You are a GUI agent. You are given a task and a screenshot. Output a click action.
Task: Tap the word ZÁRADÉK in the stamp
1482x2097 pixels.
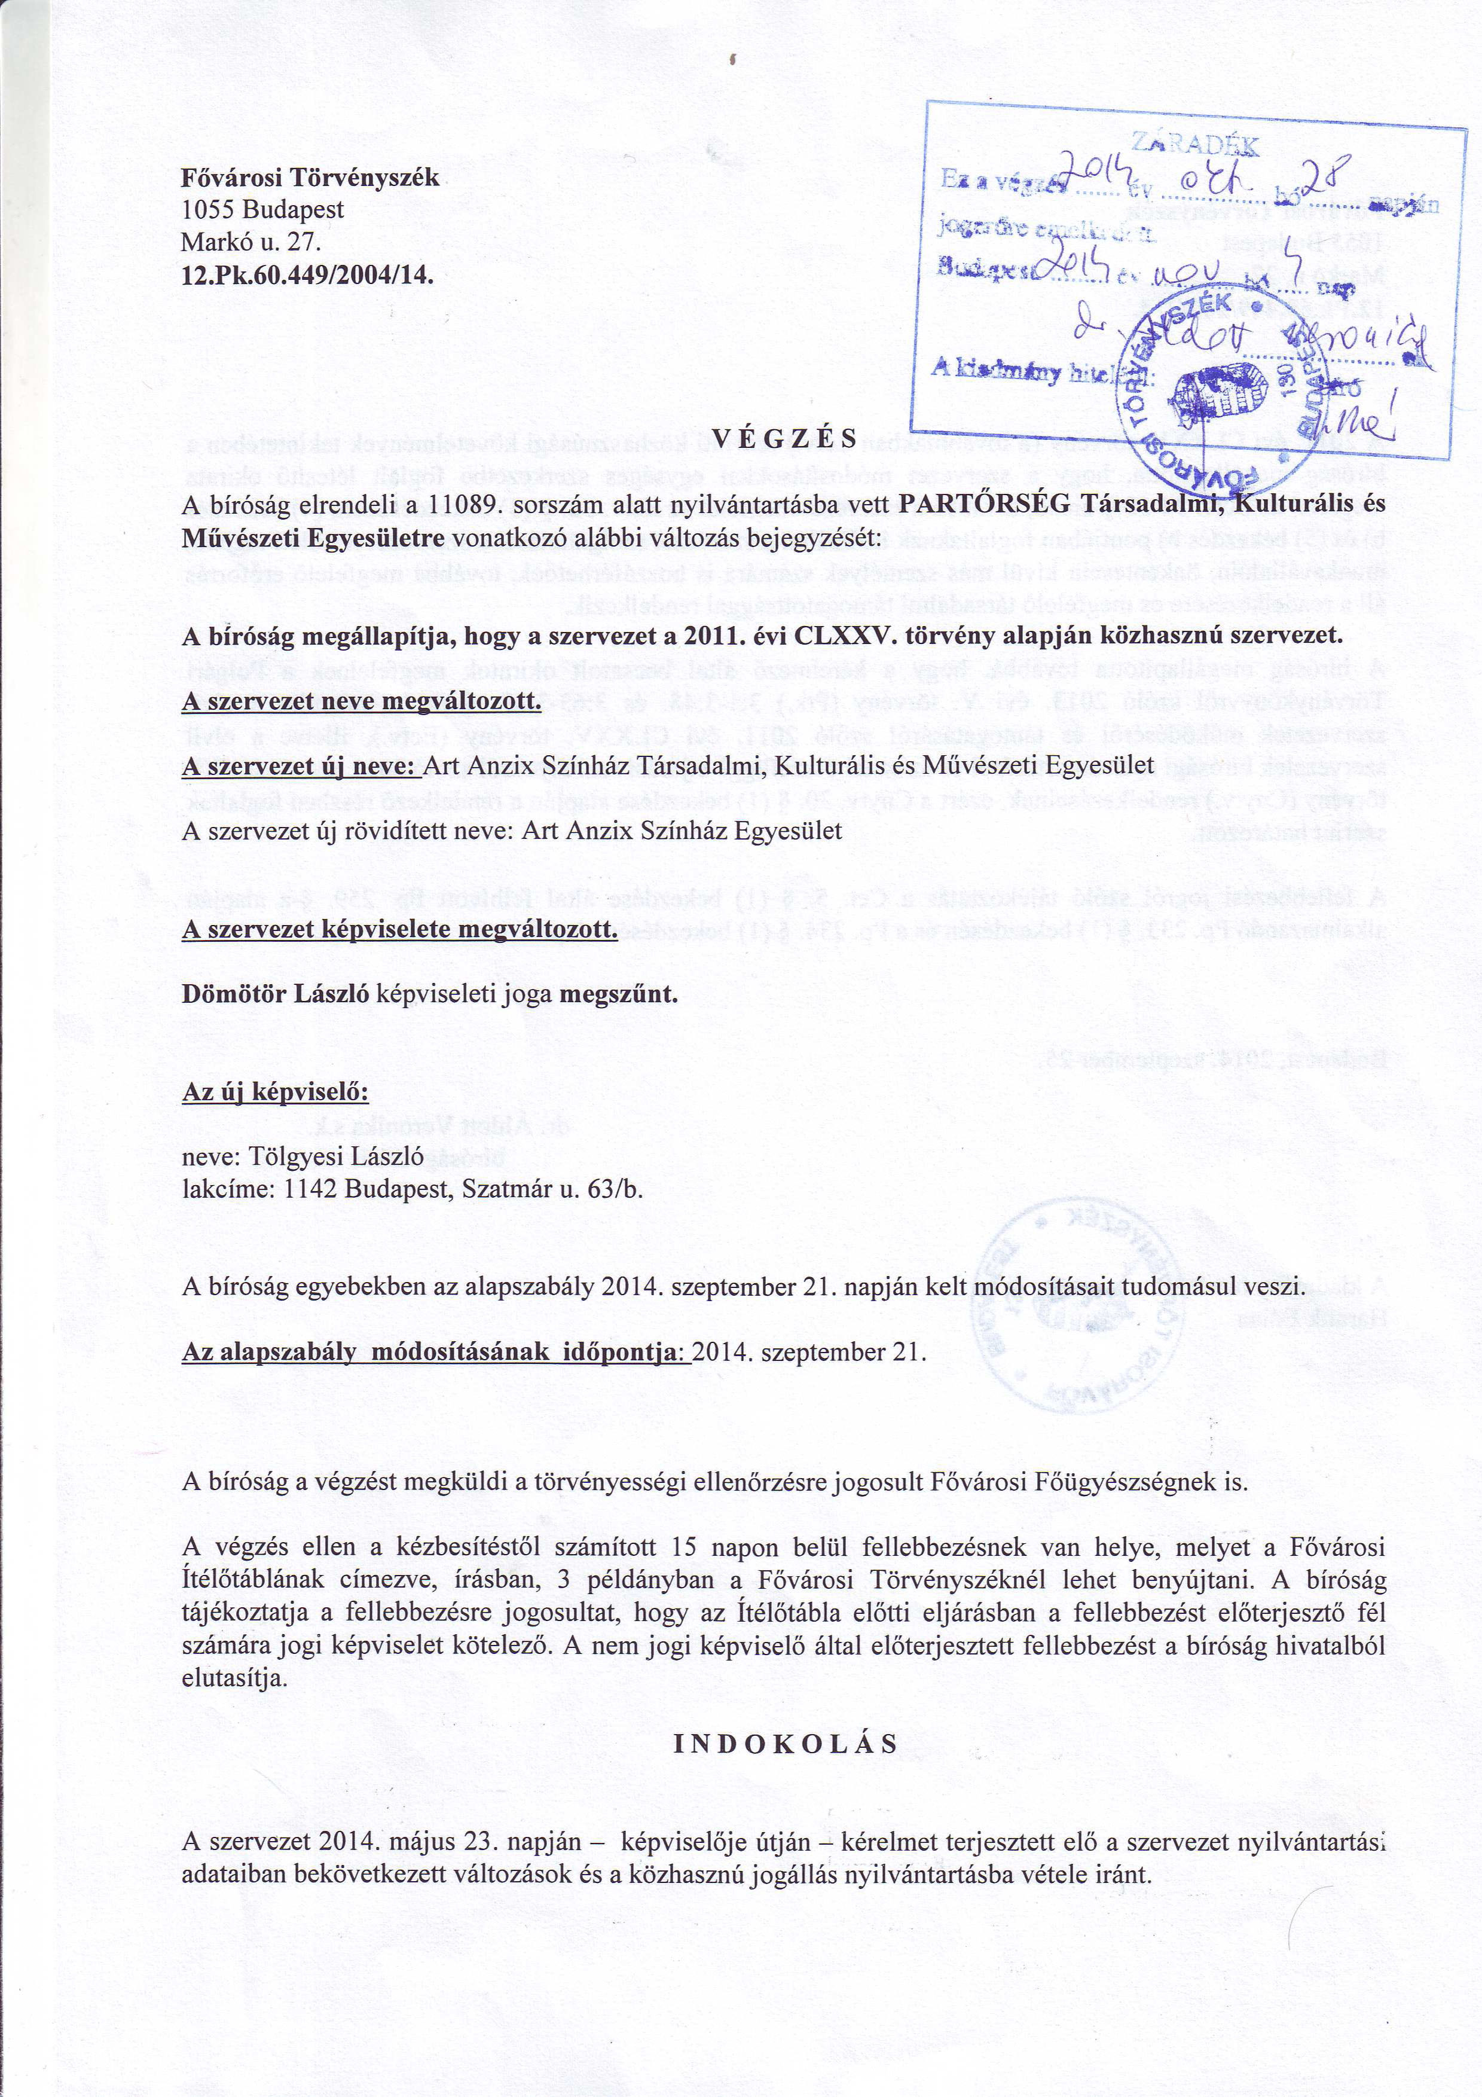1194,144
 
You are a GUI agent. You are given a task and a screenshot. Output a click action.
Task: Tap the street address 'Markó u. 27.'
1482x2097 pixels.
252,242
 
